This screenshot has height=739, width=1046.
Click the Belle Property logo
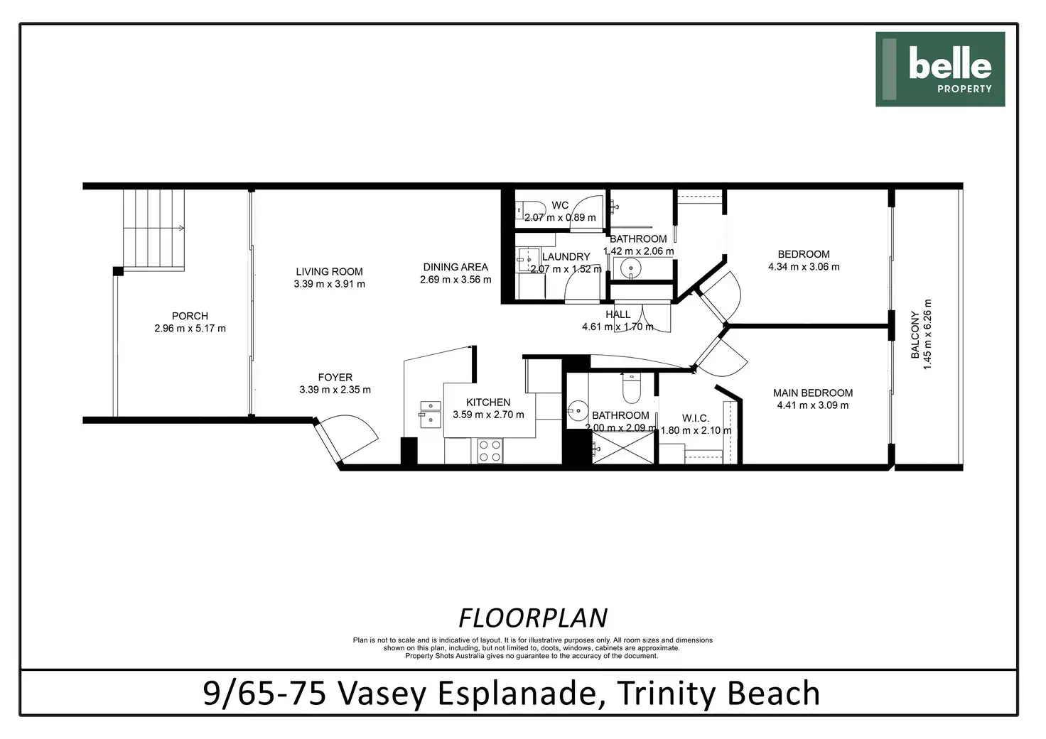tap(939, 69)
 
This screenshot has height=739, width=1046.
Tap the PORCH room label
tap(190, 316)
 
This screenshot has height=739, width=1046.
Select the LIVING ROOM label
tap(329, 271)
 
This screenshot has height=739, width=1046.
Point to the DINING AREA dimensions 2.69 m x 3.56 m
tap(455, 280)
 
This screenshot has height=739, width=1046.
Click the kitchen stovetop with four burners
tap(490, 451)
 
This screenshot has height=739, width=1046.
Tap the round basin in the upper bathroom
tap(630, 268)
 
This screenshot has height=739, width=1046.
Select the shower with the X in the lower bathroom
tap(623, 448)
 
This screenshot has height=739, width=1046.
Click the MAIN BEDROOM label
tap(812, 393)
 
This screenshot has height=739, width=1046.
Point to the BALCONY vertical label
tap(915, 335)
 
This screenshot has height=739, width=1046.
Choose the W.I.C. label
tap(695, 418)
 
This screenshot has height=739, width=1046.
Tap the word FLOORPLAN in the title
tap(533, 618)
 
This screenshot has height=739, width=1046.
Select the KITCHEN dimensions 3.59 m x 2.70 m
tap(488, 415)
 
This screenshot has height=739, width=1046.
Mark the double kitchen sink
tap(431, 415)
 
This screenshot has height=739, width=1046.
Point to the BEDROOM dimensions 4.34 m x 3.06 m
tap(804, 267)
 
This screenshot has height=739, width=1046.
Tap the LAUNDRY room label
tap(566, 256)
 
